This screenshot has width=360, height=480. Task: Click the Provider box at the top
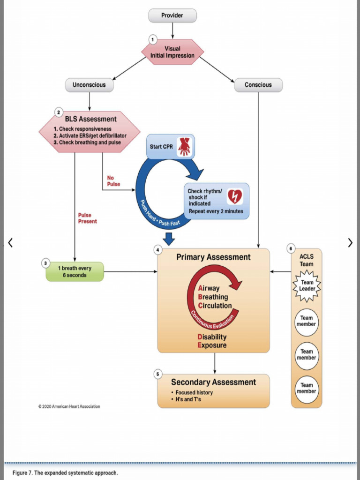(x=172, y=15)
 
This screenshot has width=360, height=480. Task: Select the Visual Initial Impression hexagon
(x=172, y=52)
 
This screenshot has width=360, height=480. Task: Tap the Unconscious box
(x=89, y=85)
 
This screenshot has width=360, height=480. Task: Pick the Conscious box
(x=258, y=85)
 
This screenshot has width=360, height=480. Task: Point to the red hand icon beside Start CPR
(x=184, y=147)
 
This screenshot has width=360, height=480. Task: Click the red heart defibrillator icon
(x=234, y=196)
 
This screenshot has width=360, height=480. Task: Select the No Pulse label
(x=113, y=181)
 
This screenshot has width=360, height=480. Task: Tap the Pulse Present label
(x=88, y=218)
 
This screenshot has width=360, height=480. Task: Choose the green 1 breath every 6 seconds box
(x=75, y=272)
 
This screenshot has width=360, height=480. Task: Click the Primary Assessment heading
(x=213, y=257)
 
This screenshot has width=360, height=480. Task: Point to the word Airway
(x=209, y=288)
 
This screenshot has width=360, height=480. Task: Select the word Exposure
(x=212, y=345)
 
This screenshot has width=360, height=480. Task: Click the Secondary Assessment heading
(x=213, y=382)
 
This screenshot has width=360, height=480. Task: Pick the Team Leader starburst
(x=307, y=285)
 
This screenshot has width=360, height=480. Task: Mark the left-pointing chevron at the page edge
(x=10, y=242)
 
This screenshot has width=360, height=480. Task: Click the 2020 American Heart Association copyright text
(x=69, y=406)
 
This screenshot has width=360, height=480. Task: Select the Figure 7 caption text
(x=65, y=472)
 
